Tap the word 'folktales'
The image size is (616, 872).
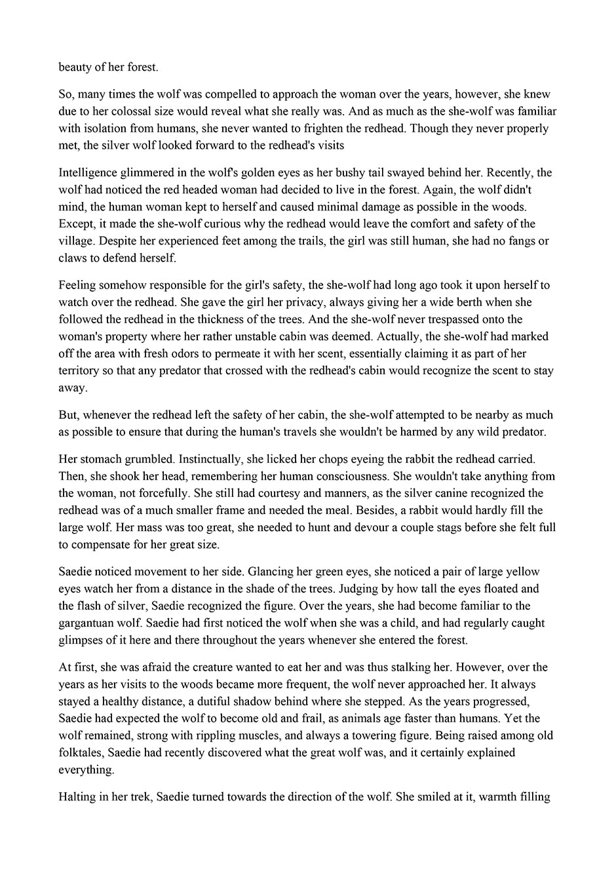(81, 752)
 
